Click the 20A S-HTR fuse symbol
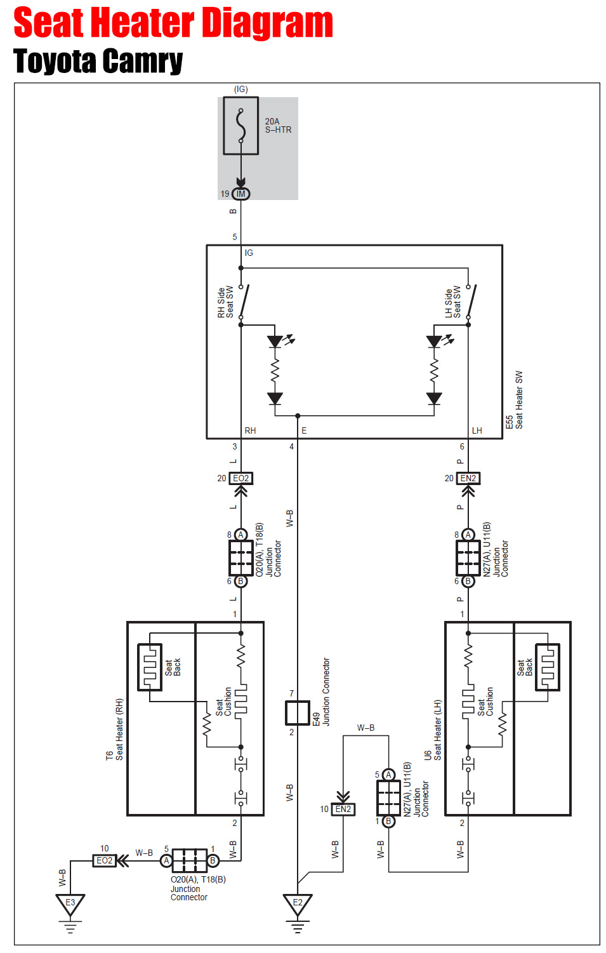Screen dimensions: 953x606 point(240,126)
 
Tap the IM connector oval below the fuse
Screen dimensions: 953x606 point(240,194)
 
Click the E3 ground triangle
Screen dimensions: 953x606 point(70,903)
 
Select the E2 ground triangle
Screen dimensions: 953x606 point(298,903)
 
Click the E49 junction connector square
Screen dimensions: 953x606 point(298,712)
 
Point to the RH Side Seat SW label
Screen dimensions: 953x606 point(225,302)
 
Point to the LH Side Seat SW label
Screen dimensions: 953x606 point(452,302)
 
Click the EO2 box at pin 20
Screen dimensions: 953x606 point(241,478)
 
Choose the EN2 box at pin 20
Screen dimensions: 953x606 point(468,478)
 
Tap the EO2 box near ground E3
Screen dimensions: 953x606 point(105,860)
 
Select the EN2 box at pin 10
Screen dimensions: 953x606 point(343,809)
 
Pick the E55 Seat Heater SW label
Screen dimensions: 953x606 point(514,400)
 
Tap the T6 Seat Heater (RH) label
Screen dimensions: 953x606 point(115,730)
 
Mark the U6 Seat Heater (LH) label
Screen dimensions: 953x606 point(433,730)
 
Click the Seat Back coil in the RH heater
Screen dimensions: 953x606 point(150,667)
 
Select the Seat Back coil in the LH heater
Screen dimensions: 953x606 point(548,667)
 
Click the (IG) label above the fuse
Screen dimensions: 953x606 point(241,90)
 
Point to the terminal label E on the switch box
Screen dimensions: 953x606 point(304,430)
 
